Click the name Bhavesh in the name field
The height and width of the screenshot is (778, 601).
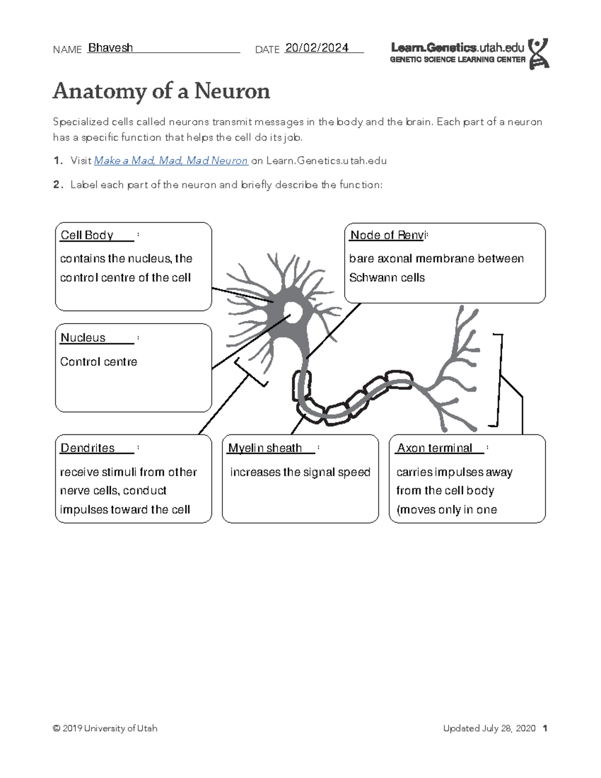click(110, 48)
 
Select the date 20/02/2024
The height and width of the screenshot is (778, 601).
click(317, 48)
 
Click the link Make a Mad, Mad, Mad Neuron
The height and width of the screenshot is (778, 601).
click(171, 161)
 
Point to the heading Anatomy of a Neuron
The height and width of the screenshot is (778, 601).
click(161, 91)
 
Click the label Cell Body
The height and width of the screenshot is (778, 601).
click(87, 235)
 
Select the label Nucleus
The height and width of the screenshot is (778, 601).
click(83, 338)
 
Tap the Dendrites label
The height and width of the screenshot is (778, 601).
click(88, 448)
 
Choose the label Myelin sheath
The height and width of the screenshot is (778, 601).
click(265, 448)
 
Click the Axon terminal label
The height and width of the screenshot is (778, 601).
click(434, 448)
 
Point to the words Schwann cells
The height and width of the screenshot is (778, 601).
click(387, 278)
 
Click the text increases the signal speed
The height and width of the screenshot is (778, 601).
click(300, 472)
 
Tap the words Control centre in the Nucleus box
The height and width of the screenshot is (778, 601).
click(99, 362)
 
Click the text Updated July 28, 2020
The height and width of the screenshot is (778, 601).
click(489, 728)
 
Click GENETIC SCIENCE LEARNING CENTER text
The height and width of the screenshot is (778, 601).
click(457, 60)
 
